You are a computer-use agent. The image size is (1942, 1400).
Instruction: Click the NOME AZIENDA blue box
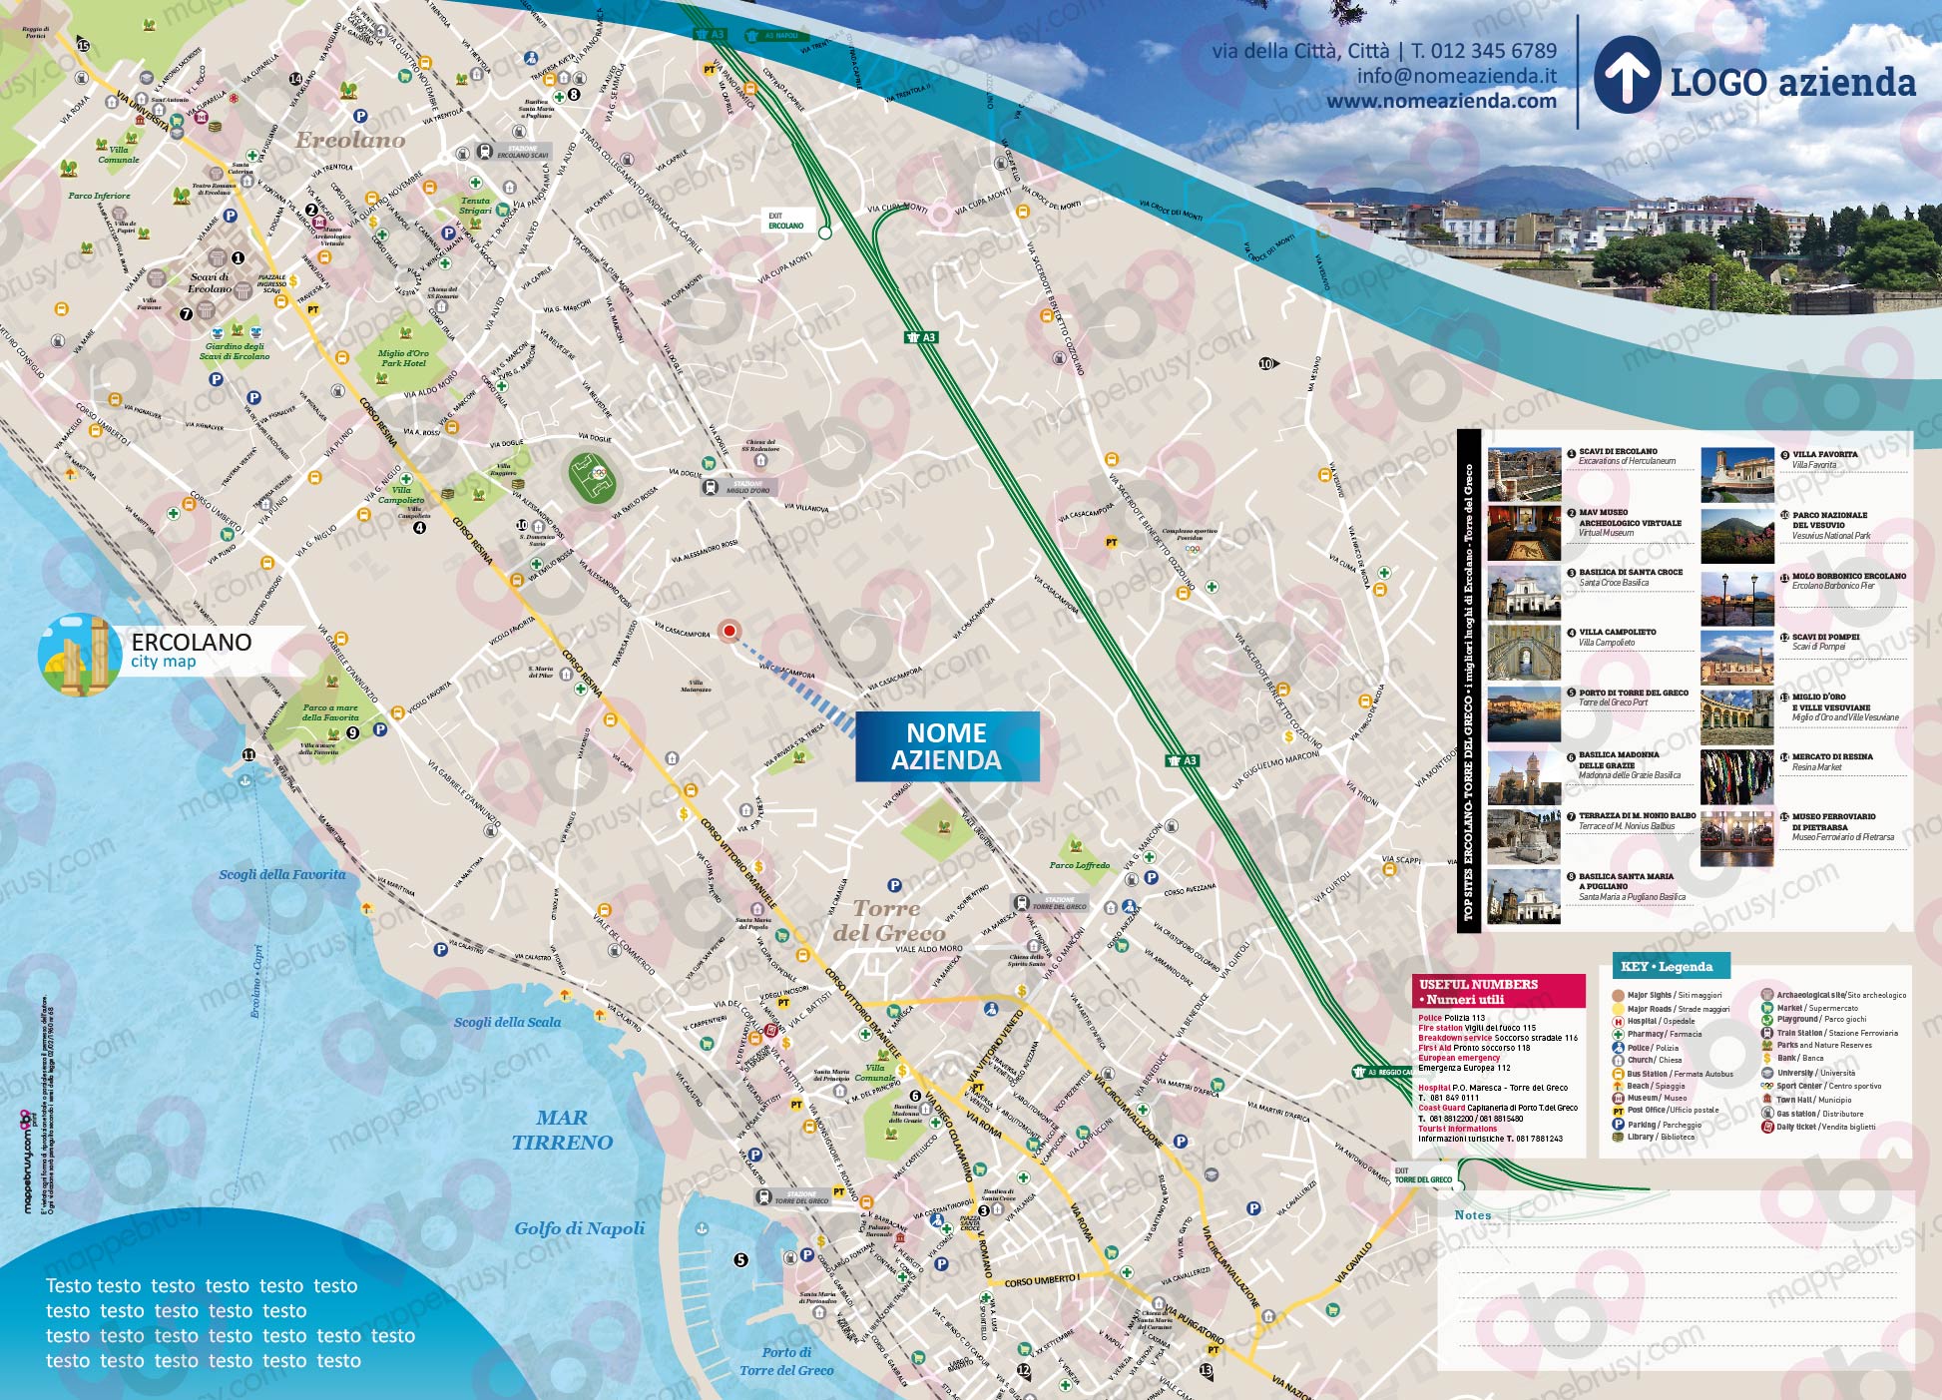click(x=946, y=746)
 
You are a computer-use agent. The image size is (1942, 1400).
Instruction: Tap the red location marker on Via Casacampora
click(x=729, y=630)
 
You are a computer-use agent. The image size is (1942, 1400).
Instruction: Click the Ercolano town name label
click(x=349, y=140)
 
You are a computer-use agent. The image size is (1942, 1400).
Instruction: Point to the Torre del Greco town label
click(x=887, y=920)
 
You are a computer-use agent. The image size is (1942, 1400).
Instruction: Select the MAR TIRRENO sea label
click(x=562, y=1130)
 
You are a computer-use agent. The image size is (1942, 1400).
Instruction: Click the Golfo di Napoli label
click(x=580, y=1228)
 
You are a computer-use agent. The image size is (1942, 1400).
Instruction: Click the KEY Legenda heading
click(x=1667, y=966)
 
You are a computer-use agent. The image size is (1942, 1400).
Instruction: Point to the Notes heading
click(x=1472, y=1214)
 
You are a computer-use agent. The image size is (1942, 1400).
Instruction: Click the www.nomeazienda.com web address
click(x=1441, y=101)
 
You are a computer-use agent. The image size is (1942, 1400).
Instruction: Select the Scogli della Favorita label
click(x=282, y=874)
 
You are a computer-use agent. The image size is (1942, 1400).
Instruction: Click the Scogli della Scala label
click(x=507, y=1022)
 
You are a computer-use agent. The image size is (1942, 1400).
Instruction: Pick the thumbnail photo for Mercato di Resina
click(x=1736, y=776)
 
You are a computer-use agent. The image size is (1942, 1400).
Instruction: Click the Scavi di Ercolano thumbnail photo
click(x=1524, y=474)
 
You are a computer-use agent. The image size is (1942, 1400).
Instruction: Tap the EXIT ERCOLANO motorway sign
click(x=785, y=221)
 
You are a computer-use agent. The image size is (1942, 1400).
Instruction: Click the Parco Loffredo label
click(x=1079, y=865)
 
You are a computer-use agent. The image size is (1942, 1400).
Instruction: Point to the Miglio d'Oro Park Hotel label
click(x=403, y=358)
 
